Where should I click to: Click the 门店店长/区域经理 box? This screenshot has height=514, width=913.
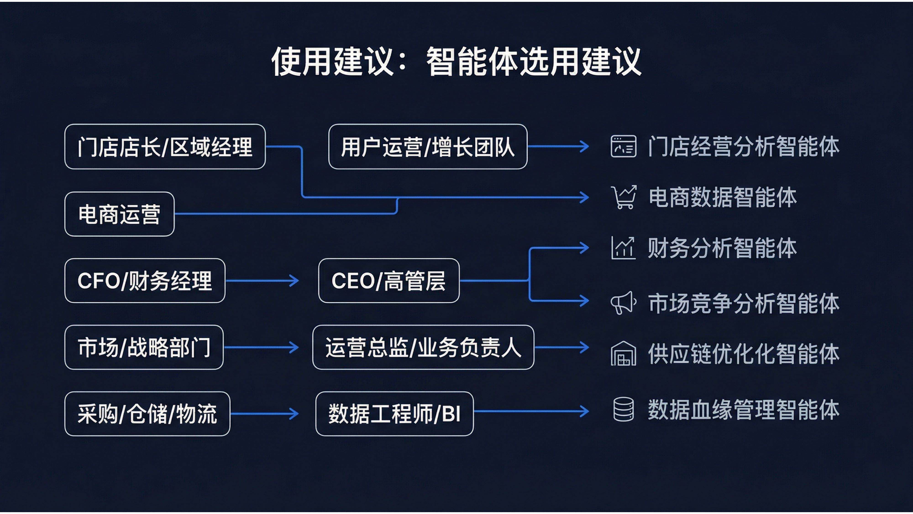(165, 146)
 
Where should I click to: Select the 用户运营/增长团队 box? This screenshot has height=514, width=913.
(428, 146)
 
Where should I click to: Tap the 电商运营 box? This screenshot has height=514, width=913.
(119, 214)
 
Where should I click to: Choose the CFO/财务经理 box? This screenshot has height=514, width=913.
(145, 281)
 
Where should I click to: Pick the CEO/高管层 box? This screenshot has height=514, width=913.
(389, 281)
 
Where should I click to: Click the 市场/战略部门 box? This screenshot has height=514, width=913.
(144, 347)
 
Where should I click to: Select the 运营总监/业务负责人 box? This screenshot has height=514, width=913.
(423, 347)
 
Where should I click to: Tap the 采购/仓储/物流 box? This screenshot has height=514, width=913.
(147, 414)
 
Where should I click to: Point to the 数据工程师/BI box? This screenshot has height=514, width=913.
(394, 414)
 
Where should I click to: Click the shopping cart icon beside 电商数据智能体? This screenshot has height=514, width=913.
(623, 197)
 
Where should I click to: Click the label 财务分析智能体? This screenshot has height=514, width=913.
(722, 248)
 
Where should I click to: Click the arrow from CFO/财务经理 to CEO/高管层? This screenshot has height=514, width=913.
(262, 281)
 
